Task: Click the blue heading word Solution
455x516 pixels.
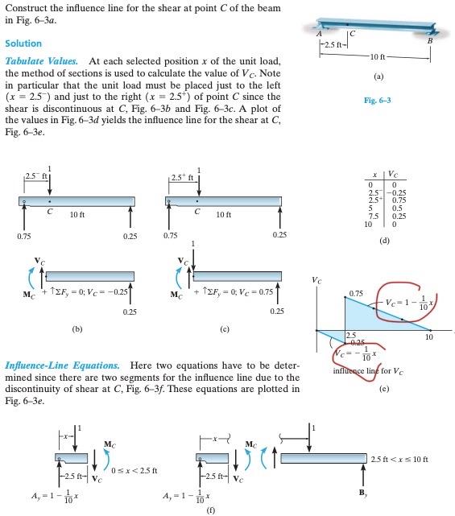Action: tap(23, 43)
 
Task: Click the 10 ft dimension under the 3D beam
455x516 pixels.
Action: tap(378, 55)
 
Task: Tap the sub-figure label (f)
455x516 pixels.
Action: tap(210, 509)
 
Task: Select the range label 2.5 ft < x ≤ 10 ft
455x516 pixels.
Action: tap(399, 459)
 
